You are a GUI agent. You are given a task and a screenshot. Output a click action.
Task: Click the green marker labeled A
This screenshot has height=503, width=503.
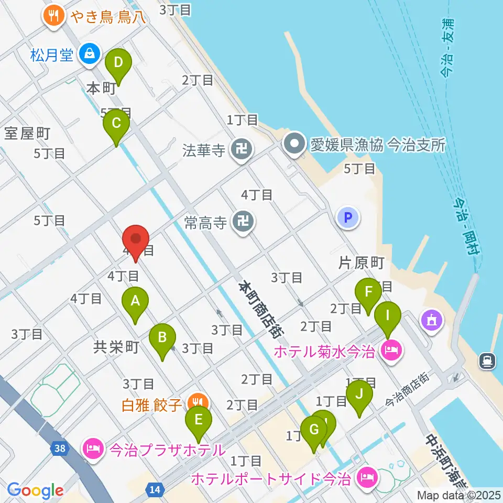tap(135, 302)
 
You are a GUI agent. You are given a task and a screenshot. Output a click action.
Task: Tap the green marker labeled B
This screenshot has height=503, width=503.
tap(162, 337)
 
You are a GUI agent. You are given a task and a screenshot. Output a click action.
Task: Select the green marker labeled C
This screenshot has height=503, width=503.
tap(116, 125)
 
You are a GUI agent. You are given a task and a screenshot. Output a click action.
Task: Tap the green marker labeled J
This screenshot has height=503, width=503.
tap(359, 393)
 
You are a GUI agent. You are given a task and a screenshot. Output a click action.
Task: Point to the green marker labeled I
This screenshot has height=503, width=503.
tap(388, 316)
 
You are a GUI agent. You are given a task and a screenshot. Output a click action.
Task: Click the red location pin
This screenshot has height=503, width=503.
tap(136, 240)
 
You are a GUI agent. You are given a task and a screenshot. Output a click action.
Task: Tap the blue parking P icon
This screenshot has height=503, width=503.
tap(349, 217)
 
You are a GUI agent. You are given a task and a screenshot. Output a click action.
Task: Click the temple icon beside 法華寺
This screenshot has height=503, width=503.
tap(243, 150)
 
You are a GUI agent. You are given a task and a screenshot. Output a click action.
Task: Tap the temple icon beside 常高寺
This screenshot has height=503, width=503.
tap(244, 222)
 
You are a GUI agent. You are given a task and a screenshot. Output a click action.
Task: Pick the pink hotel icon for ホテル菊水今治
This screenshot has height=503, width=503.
tap(391, 348)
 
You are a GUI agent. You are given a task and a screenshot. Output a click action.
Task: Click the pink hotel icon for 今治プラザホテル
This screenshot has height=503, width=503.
tap(93, 449)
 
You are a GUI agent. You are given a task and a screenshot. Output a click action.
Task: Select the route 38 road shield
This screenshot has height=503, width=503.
tap(59, 448)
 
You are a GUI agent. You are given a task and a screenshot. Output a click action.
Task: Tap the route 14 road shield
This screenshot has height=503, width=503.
tap(155, 489)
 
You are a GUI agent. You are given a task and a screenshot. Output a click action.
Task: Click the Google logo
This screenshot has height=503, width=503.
tap(35, 490)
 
